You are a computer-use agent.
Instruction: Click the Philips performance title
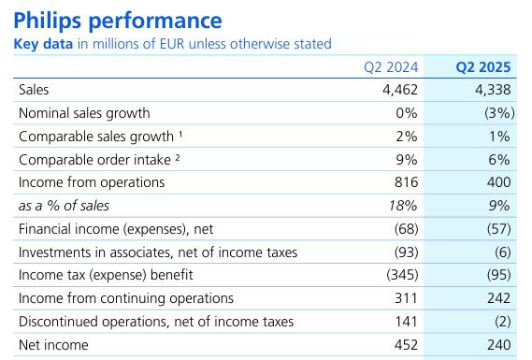click(x=118, y=20)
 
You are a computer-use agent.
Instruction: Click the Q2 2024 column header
click(x=388, y=66)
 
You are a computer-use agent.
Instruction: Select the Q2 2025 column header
click(x=482, y=66)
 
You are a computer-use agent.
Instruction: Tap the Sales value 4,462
click(x=396, y=90)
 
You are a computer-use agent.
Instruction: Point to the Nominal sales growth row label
click(x=84, y=113)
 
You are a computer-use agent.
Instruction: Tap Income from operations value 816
click(x=403, y=182)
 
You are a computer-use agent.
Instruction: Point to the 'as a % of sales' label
click(x=63, y=206)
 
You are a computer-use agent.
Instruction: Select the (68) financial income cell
click(x=402, y=229)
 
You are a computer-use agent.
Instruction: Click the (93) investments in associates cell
click(x=402, y=252)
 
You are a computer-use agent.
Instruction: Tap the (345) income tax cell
click(x=398, y=276)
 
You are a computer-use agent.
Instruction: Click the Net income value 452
click(x=403, y=345)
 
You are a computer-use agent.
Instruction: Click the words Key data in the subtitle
click(x=42, y=44)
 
